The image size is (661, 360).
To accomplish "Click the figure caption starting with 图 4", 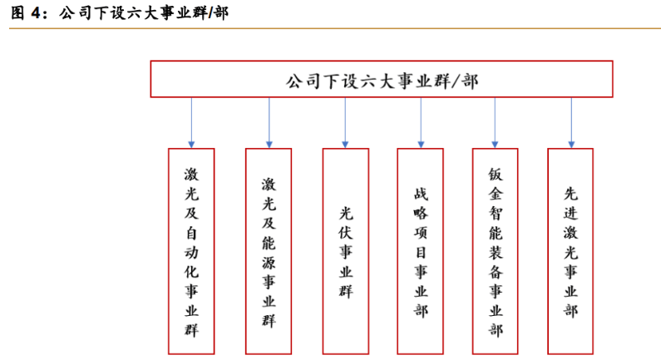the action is [119, 12].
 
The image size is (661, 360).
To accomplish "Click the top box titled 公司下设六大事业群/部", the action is [382, 79].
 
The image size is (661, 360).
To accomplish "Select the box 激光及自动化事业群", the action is [191, 251].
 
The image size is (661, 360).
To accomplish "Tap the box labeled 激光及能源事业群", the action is [269, 251].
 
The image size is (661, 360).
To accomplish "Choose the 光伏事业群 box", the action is [346, 251].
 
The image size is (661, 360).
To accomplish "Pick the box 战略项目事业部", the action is [420, 251].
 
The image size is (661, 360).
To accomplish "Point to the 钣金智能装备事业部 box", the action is [496, 251].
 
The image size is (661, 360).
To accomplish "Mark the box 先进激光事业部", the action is [570, 251].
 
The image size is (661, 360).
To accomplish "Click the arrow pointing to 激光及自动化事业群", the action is [191, 123].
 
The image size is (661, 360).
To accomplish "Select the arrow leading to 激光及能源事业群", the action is [269, 123].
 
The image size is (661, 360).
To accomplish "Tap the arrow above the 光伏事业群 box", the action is [345, 123].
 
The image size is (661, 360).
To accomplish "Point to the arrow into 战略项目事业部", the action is [421, 123].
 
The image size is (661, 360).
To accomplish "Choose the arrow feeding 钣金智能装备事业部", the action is [495, 123].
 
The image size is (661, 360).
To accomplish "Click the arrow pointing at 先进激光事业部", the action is [571, 123].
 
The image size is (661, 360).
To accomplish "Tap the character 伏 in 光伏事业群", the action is [346, 233].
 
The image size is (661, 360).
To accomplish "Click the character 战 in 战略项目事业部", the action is [421, 194].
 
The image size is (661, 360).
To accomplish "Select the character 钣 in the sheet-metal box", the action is [496, 175].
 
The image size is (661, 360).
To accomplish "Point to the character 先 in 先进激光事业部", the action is [570, 194].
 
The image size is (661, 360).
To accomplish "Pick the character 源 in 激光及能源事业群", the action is [269, 262].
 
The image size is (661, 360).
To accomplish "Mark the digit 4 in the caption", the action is [36, 13].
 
